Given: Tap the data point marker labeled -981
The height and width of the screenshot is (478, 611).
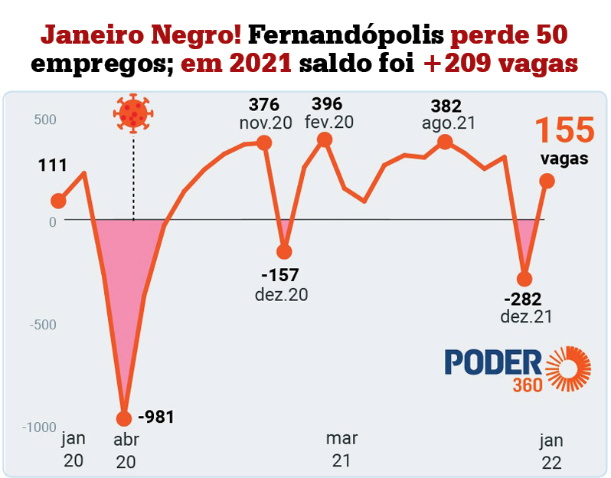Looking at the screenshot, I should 124,418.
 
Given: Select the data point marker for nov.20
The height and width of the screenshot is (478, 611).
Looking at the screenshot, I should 264,142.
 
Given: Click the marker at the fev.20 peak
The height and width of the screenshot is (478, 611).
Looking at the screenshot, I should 325,139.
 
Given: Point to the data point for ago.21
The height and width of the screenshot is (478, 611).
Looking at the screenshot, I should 445,142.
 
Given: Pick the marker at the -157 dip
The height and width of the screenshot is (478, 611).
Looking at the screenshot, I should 284,251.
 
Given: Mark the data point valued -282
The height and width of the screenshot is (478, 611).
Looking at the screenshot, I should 524,279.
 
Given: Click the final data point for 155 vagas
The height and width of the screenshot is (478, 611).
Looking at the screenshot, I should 547,181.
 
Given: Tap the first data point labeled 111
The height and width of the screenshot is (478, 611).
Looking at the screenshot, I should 58,201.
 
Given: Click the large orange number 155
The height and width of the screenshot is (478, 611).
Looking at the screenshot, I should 564,129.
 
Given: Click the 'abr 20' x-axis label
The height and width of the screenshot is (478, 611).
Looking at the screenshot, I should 126,451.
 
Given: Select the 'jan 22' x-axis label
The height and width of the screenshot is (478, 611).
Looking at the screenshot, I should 551,451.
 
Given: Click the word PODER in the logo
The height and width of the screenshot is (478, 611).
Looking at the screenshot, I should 493,364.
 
